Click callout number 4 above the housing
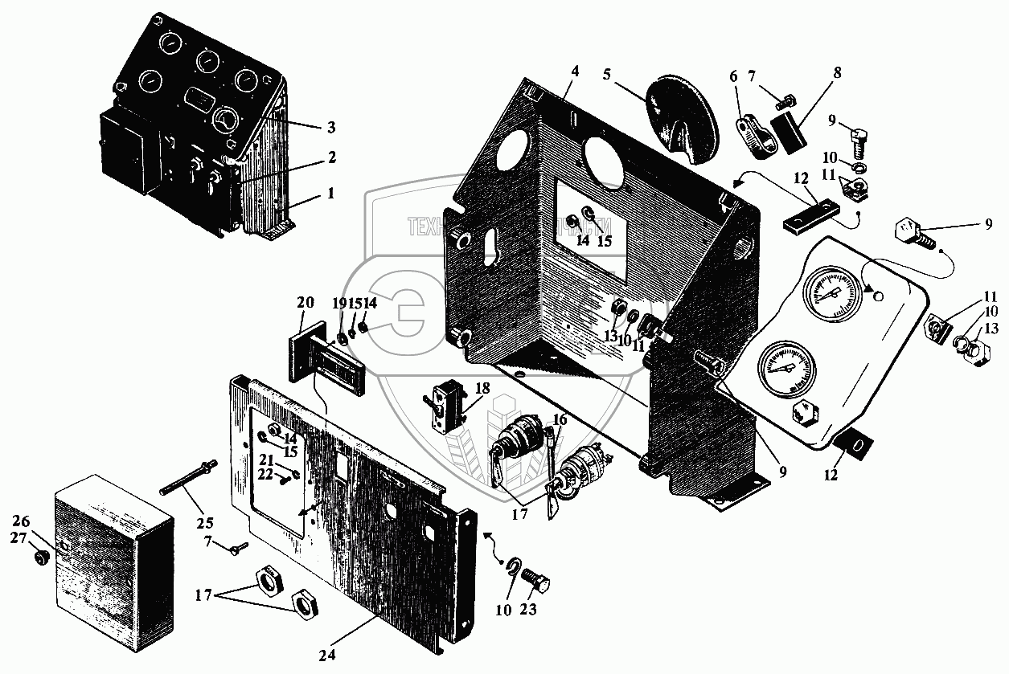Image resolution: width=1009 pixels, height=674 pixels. click(x=573, y=71)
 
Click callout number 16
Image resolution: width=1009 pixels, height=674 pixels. click(x=559, y=419)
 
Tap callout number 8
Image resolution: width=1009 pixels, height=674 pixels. click(x=837, y=72)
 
